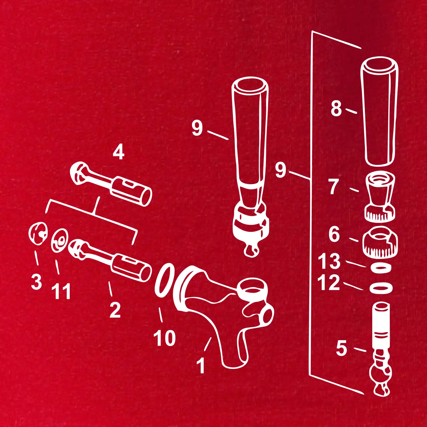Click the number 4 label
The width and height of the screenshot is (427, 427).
tap(118, 152)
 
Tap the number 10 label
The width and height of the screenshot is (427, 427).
tap(165, 338)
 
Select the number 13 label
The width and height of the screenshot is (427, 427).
tap(329, 261)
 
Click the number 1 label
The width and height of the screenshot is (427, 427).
tap(201, 365)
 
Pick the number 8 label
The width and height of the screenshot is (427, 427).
tap(336, 108)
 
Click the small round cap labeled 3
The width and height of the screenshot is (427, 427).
tap(38, 233)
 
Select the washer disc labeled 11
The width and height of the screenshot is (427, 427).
tap(60, 241)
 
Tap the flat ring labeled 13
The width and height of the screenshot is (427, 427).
tap(381, 268)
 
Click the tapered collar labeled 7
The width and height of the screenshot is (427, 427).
tap(380, 197)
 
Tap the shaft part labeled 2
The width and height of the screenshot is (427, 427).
tap(110, 260)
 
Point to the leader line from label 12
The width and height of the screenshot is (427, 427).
tap(353, 286)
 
